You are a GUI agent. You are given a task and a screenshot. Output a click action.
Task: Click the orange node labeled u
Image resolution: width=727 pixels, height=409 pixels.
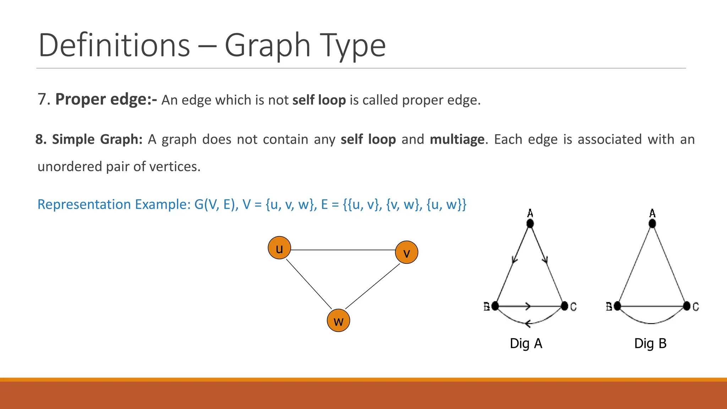point(279,248)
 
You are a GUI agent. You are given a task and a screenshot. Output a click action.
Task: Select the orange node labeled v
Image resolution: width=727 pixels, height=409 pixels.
point(406,252)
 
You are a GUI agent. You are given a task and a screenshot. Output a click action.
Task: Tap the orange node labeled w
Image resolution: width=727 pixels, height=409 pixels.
point(338,321)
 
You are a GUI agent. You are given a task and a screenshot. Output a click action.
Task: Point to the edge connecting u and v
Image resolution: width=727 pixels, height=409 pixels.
point(343,250)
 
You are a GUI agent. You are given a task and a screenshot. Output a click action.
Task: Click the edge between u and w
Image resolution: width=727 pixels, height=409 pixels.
point(308,284)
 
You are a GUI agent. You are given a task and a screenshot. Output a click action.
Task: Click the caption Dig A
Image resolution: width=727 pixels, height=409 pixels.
point(526,344)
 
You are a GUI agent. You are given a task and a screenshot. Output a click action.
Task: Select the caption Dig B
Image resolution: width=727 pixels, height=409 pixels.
point(650,344)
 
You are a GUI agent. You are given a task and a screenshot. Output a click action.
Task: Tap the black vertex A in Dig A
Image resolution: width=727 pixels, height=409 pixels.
point(530,224)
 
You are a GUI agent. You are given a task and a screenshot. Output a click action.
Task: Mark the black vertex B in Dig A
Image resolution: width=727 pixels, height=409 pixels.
point(495,306)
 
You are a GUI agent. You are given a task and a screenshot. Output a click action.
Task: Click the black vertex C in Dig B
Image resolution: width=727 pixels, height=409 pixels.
point(687,306)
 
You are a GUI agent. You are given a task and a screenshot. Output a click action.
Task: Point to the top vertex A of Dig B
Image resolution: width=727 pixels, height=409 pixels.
point(652,224)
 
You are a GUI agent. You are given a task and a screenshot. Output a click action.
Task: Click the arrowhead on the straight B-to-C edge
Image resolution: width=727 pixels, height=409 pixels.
point(528,306)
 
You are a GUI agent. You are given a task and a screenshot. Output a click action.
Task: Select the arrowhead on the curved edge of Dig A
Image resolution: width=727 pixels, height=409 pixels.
point(528,323)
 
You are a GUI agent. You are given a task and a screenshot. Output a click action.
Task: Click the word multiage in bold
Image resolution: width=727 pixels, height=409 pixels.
point(457,140)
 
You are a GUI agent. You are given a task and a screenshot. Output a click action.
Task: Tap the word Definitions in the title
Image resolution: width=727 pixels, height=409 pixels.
point(114,45)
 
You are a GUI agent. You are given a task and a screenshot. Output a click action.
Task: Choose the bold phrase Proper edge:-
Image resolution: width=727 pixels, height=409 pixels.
point(106,99)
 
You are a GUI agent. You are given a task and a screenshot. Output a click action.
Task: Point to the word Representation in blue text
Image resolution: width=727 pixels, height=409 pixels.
point(84,204)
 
